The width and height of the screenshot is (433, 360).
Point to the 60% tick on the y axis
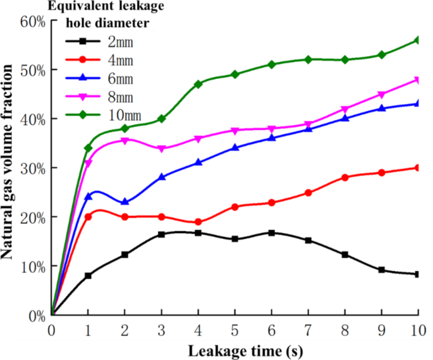click(x=31, y=21)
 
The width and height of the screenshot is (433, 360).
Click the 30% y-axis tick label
click(x=31, y=168)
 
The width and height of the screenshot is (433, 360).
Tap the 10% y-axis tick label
click(x=31, y=266)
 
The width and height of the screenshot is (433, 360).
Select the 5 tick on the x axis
click(x=235, y=330)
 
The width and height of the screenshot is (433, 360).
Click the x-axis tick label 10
click(x=418, y=330)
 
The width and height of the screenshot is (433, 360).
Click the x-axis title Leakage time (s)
click(x=235, y=349)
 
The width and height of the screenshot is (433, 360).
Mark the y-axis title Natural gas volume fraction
click(x=11, y=167)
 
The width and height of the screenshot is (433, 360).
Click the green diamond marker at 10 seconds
click(x=418, y=40)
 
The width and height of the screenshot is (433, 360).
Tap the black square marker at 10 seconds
click(x=418, y=274)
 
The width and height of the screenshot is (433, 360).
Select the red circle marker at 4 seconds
click(x=198, y=222)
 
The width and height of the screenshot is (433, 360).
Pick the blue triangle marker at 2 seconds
click(x=125, y=202)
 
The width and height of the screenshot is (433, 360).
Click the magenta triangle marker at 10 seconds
click(x=418, y=80)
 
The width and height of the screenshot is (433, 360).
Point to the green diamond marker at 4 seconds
click(x=198, y=84)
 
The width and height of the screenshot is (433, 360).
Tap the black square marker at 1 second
click(x=88, y=275)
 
